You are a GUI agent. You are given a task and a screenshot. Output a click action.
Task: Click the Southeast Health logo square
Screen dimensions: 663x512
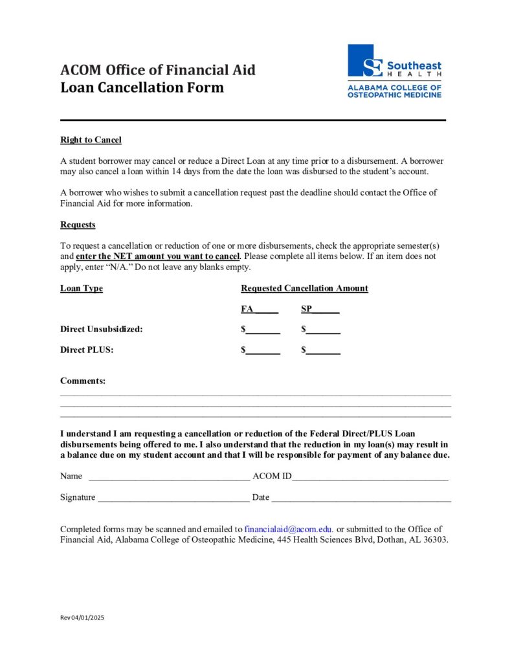[x=361, y=60]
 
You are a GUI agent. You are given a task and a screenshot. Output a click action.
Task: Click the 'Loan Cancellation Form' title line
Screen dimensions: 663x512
[x=142, y=87]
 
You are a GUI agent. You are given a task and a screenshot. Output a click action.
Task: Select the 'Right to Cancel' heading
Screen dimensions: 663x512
[x=91, y=140]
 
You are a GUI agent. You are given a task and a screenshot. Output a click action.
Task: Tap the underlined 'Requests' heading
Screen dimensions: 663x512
[x=78, y=225]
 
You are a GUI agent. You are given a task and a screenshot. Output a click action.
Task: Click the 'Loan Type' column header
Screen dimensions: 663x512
[x=82, y=288]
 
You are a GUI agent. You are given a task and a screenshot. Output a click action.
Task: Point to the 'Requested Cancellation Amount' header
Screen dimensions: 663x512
[x=304, y=288]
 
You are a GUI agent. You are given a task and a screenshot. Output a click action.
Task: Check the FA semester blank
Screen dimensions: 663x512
[x=267, y=309]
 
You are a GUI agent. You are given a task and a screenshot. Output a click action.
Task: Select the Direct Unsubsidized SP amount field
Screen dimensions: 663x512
[x=323, y=330]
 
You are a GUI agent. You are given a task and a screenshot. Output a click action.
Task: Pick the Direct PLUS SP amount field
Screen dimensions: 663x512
[x=323, y=350]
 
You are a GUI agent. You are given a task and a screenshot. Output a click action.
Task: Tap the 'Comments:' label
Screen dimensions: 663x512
[x=83, y=381]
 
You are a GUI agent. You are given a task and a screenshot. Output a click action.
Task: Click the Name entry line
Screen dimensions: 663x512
[x=169, y=477]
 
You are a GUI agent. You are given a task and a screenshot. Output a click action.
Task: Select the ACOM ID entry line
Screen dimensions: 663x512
[x=370, y=477]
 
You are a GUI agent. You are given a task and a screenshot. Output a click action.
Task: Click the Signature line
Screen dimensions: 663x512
[x=173, y=498]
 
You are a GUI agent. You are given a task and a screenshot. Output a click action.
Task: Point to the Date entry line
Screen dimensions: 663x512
[x=361, y=498]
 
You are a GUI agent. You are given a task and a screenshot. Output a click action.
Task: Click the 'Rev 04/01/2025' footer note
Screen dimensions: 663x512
[x=82, y=618]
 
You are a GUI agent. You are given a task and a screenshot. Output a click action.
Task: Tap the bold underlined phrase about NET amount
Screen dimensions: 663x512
[x=157, y=256]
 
